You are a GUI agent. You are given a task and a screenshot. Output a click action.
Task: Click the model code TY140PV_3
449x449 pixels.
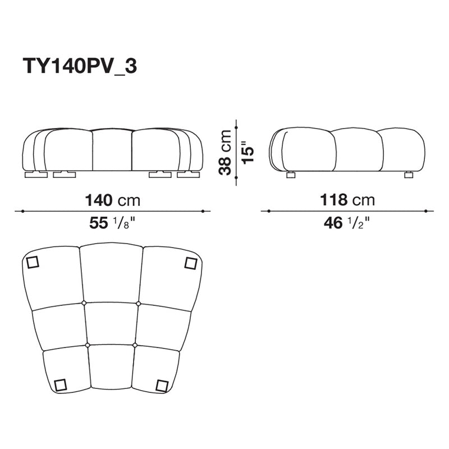[x=80, y=66]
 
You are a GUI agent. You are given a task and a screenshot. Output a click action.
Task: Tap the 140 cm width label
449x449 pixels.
[x=113, y=200]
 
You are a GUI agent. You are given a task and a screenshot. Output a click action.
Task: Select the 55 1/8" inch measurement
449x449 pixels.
[x=112, y=223]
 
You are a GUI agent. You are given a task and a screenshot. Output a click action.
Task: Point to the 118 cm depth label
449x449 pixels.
[x=347, y=200]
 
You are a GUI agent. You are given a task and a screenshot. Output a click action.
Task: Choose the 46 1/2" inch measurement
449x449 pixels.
[x=347, y=223]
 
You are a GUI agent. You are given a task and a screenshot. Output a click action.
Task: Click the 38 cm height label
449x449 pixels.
[x=225, y=152]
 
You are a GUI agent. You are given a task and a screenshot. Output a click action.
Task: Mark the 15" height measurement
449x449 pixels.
[x=248, y=152]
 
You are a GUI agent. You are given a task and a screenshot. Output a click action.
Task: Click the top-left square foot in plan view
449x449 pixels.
[x=33, y=262]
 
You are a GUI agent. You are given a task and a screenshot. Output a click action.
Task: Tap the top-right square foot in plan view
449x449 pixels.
[x=191, y=263]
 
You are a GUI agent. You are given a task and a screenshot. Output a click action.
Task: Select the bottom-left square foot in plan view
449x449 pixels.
[x=61, y=385]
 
